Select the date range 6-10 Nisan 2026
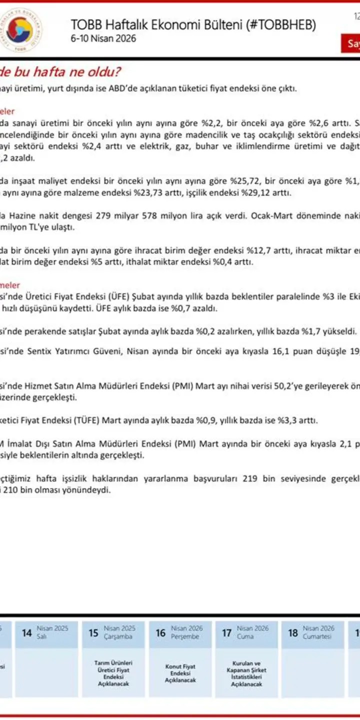coord(103,39)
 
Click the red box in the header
coord(353,43)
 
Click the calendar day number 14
coord(26,633)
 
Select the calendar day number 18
coord(293,633)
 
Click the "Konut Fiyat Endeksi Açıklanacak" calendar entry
coord(180,673)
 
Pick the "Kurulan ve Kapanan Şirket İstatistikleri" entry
coord(246,673)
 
